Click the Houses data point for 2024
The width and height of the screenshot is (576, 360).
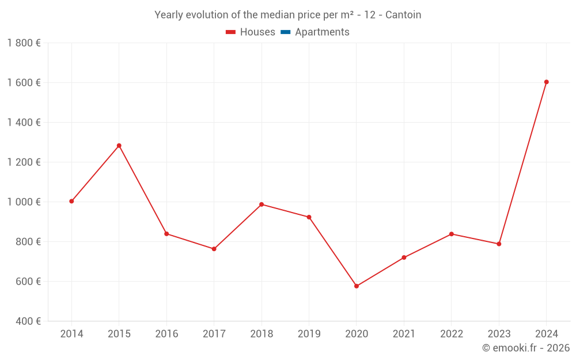pyautogui.click(x=546, y=82)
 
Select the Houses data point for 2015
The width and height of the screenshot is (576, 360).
pyautogui.click(x=119, y=146)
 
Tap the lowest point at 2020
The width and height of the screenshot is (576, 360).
pyautogui.click(x=357, y=286)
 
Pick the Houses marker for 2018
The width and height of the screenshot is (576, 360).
pyautogui.click(x=262, y=204)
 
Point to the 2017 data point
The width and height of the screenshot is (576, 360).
pyautogui.click(x=214, y=249)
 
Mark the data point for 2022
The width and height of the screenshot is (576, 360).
pyautogui.click(x=452, y=234)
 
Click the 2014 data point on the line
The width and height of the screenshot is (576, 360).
pyautogui.click(x=71, y=201)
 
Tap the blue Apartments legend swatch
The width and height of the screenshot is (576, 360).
pyautogui.click(x=285, y=32)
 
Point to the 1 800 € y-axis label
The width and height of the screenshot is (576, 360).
pyautogui.click(x=24, y=43)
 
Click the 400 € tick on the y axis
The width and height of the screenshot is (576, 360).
pyautogui.click(x=29, y=321)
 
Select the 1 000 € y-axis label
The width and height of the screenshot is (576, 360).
pyautogui.click(x=24, y=202)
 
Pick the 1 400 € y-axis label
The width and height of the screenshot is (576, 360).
pyautogui.click(x=24, y=123)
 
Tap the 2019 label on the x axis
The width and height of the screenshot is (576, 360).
pyautogui.click(x=309, y=334)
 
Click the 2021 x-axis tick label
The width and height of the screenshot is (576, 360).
pyautogui.click(x=404, y=334)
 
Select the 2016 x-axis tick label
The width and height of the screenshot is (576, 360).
pyautogui.click(x=166, y=334)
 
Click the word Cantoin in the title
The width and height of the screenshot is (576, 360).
pyautogui.click(x=403, y=15)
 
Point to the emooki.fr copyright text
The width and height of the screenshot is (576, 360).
pyautogui.click(x=525, y=348)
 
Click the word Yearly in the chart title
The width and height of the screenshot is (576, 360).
pyautogui.click(x=168, y=15)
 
